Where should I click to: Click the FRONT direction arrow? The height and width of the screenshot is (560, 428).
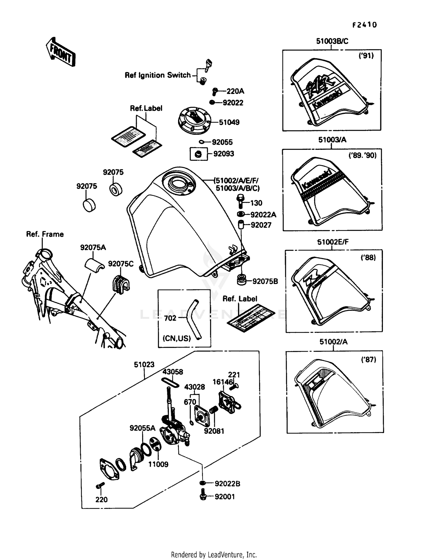(60, 52)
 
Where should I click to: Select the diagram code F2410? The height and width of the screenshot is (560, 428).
(364, 25)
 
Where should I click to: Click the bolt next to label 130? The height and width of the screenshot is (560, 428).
(240, 201)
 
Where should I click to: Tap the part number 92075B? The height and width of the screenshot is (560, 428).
(265, 281)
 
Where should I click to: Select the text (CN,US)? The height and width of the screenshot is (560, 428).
(177, 339)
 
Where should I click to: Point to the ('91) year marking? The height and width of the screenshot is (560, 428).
(366, 56)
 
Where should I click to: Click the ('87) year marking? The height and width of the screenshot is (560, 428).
(368, 360)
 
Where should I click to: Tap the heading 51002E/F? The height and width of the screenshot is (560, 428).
(333, 242)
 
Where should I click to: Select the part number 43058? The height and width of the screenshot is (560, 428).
(173, 372)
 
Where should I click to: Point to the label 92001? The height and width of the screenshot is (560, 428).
(225, 497)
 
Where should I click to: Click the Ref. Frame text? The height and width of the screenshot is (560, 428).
(45, 234)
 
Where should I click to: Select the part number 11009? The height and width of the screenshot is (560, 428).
(158, 464)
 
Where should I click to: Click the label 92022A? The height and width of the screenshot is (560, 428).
(263, 215)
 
